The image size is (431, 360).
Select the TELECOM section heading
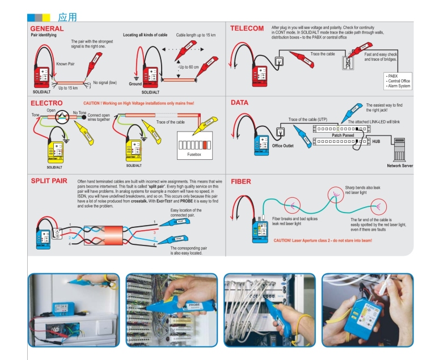pyautogui.click(x=247, y=28)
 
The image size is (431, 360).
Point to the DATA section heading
pyautogui.click(x=240, y=103)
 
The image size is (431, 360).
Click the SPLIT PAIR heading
pyautogui.click(x=49, y=181)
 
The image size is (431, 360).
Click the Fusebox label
pyautogui.click(x=196, y=154)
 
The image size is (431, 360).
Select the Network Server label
pyautogui.click(x=400, y=166)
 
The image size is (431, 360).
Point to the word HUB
pyautogui.click(x=377, y=141)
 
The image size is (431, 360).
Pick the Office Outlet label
pyautogui.click(x=283, y=146)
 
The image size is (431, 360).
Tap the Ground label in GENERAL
pyautogui.click(x=135, y=84)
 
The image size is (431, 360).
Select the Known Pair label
pyautogui.click(x=65, y=65)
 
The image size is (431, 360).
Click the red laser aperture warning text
pyautogui.click(x=323, y=241)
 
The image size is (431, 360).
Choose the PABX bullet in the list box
pyautogui.click(x=393, y=76)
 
